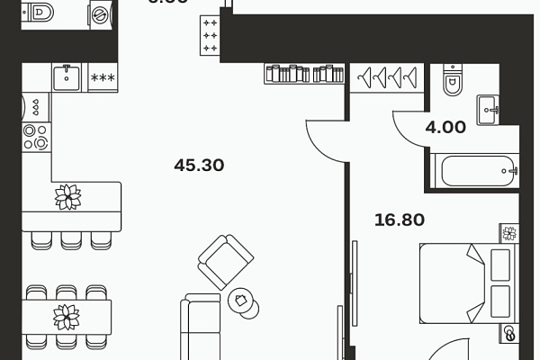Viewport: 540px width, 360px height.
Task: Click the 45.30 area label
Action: (198, 166)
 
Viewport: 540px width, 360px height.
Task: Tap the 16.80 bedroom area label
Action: (399, 218)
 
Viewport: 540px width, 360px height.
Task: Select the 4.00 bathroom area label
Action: (445, 128)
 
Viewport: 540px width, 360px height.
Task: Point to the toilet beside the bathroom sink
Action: (452, 83)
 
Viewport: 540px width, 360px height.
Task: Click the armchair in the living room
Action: (220, 262)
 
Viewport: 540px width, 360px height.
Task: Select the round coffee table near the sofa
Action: (242, 301)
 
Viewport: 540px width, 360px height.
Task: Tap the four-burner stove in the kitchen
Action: (36, 136)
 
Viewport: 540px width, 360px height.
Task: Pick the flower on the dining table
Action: (66, 316)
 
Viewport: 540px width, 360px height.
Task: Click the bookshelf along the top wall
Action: (305, 74)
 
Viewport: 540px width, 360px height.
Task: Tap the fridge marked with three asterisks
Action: (103, 77)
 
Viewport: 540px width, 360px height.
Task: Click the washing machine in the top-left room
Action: (98, 14)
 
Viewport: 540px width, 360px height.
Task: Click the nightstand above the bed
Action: (509, 233)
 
